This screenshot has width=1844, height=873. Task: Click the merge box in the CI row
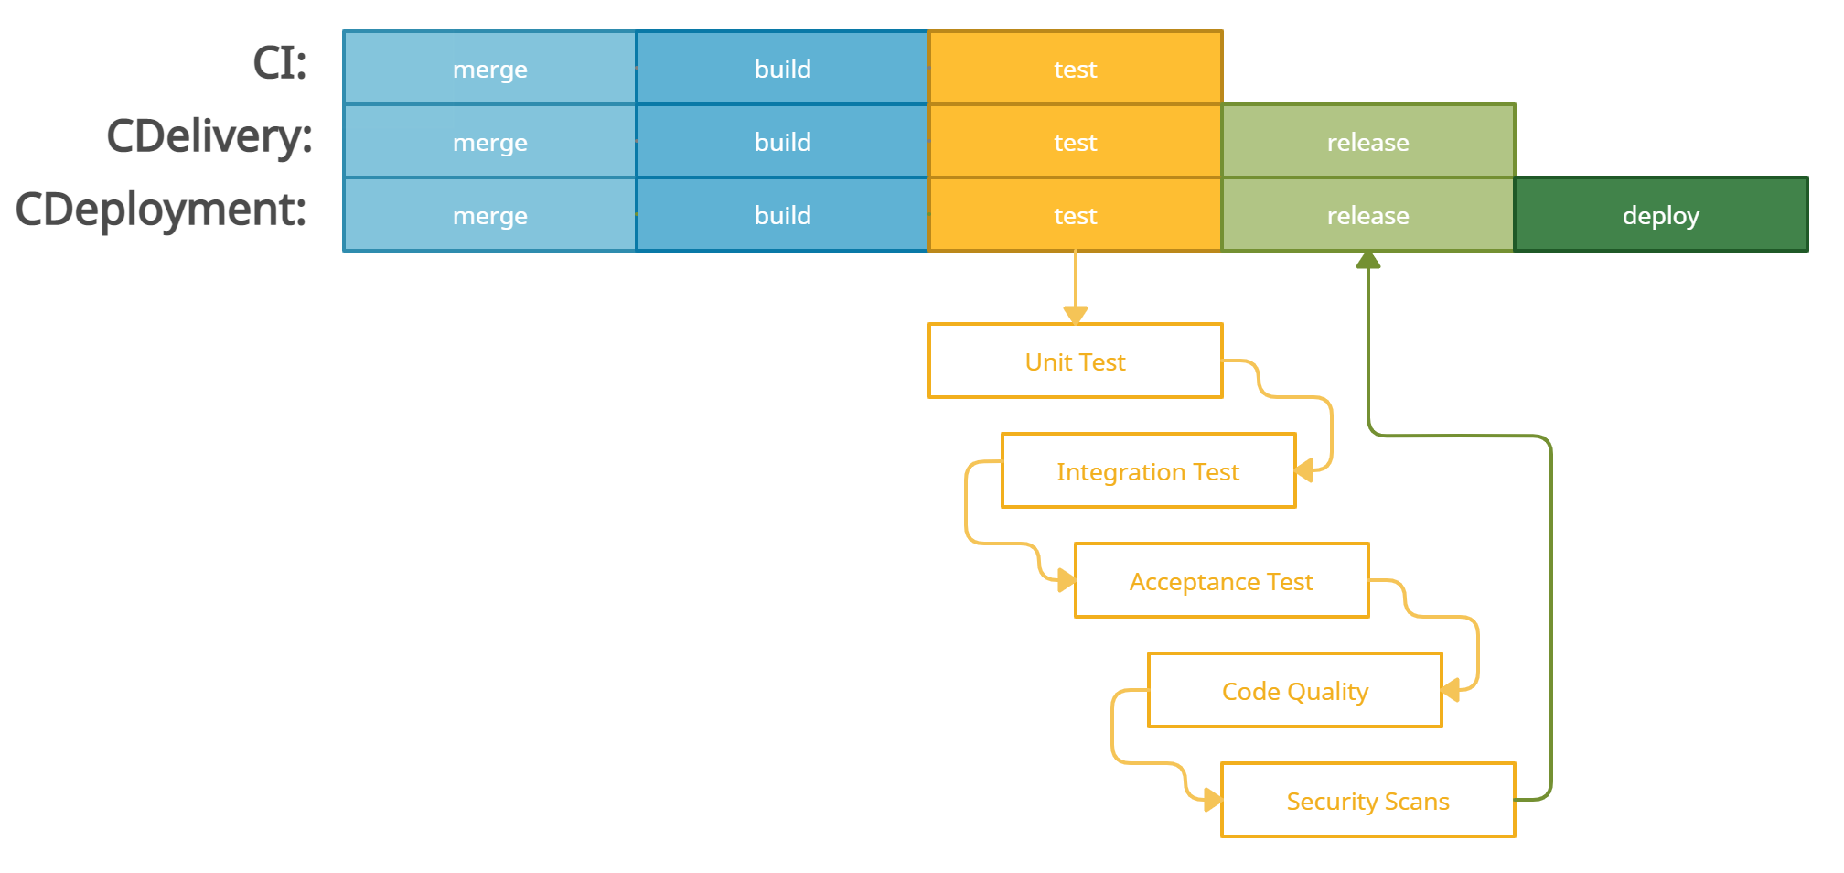click(489, 69)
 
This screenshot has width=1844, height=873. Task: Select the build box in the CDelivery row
click(782, 142)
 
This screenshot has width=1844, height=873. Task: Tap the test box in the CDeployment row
click(1075, 215)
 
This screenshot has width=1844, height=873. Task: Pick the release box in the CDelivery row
click(1367, 142)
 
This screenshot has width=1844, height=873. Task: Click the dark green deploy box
click(1660, 215)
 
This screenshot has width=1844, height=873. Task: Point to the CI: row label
click(280, 63)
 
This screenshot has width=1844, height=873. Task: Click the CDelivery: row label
click(209, 136)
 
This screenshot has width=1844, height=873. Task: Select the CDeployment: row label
click(161, 210)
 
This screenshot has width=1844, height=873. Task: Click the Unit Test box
click(1075, 361)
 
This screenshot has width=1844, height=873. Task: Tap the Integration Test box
click(1148, 471)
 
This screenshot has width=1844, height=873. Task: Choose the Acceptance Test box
click(1221, 581)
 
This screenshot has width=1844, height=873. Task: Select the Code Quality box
click(1294, 691)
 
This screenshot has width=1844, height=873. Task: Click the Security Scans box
click(1367, 801)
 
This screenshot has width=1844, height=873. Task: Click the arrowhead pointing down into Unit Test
click(1076, 315)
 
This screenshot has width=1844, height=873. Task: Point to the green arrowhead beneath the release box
click(1368, 261)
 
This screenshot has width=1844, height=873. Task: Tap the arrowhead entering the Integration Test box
click(1305, 470)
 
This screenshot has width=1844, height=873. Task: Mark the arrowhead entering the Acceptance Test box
click(1066, 580)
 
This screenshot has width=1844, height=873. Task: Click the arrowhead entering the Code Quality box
click(1452, 689)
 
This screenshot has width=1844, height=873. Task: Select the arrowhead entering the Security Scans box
click(1212, 801)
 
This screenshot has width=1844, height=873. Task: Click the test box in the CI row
click(1075, 69)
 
